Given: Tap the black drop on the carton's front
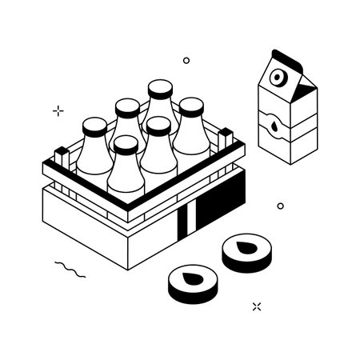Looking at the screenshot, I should pos(274,126).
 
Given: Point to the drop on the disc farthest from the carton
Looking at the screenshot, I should pos(193,279).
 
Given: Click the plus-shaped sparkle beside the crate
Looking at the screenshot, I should pos(57,110).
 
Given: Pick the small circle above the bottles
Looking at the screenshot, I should pos(186,59).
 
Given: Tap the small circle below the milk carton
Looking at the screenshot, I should pos(280,206).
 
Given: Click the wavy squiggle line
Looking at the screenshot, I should pos(69,270).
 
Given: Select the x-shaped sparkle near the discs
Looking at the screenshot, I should pos(257,306).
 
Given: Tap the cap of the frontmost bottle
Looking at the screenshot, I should pos(126,145).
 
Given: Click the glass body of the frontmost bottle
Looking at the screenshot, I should pos(126,174).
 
